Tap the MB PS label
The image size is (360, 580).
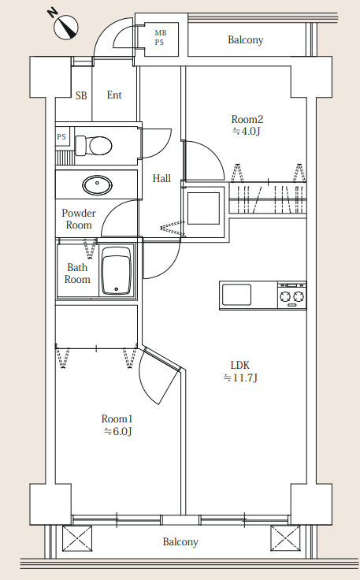(x=161, y=37)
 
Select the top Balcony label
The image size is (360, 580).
(x=246, y=39)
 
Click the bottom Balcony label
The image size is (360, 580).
(x=180, y=542)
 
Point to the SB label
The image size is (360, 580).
(x=81, y=95)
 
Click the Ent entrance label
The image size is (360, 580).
(x=114, y=95)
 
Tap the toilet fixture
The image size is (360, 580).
(x=93, y=146)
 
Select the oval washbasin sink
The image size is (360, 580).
(x=97, y=184)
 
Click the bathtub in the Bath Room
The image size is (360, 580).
(x=116, y=270)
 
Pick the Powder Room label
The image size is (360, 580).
(x=79, y=219)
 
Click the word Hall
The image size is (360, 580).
(x=161, y=179)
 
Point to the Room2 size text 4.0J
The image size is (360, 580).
(x=247, y=132)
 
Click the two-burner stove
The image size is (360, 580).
(x=292, y=296)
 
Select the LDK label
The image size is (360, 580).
(x=240, y=366)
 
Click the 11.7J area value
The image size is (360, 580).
(x=240, y=378)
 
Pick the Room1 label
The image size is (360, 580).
(x=117, y=418)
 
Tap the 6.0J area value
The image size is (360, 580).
(x=118, y=431)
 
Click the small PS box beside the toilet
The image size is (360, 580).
(x=61, y=137)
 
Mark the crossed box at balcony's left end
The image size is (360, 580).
(x=77, y=538)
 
